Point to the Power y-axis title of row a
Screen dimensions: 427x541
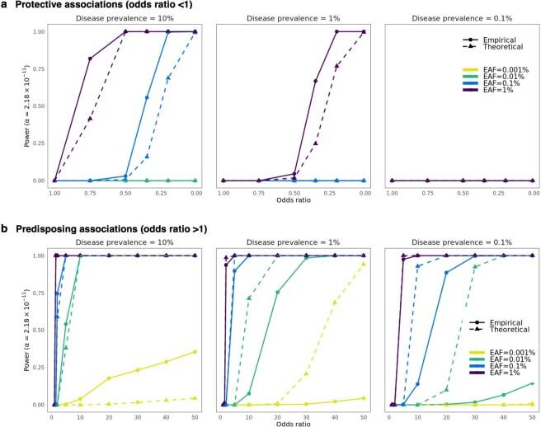(x=9, y=106)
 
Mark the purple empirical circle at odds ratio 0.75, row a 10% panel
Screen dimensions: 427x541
(x=90, y=59)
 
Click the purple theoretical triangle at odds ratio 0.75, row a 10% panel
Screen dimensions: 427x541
(x=90, y=119)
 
